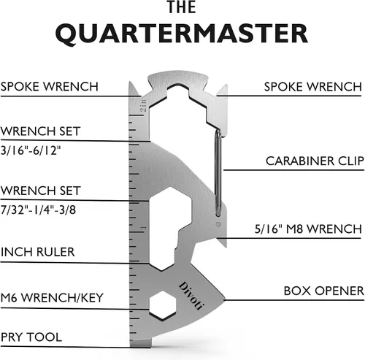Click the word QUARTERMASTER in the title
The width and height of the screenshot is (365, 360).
point(182,34)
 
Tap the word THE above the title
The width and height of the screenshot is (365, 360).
point(182,7)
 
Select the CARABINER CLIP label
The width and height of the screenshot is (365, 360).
point(315,161)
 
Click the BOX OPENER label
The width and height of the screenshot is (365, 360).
point(323,291)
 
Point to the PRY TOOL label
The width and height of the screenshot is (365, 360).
point(31,337)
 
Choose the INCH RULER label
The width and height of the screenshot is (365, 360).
point(38,252)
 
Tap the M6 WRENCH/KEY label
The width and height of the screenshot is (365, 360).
point(52,298)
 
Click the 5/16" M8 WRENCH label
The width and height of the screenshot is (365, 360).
point(308,229)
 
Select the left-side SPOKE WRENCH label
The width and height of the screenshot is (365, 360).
point(50,87)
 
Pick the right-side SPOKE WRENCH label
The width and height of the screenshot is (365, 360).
point(313,87)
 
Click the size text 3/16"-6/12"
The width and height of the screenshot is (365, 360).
point(31,150)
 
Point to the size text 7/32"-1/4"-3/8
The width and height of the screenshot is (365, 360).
point(38,210)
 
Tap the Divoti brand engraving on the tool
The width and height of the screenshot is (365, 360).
point(191,296)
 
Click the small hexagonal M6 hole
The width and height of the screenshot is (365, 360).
point(162,305)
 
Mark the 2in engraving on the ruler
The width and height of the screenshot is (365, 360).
point(144,105)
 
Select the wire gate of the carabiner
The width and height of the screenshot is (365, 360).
point(218,173)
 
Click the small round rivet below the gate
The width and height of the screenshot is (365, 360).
point(218,224)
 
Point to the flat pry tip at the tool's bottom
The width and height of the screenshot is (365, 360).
point(140,342)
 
